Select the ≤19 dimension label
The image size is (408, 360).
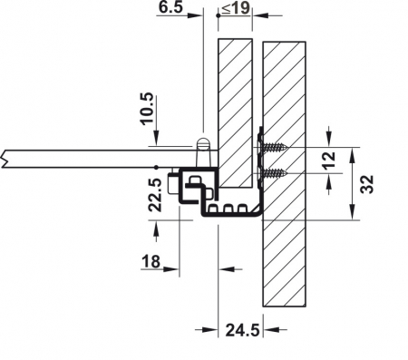(x=238, y=8)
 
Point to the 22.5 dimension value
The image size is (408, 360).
(x=154, y=192)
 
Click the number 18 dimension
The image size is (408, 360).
(x=152, y=262)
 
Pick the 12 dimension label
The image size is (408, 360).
(x=331, y=159)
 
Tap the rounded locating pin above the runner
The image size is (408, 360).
(x=204, y=145)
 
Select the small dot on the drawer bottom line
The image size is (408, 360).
(x=157, y=168)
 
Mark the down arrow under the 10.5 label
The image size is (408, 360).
(x=160, y=137)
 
